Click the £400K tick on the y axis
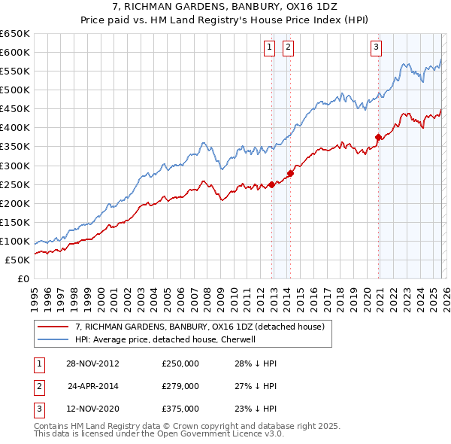15,127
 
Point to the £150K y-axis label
15,222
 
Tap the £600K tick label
15,52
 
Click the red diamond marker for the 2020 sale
378,137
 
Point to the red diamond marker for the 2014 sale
290,173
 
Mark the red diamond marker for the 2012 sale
271,184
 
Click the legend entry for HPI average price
166,339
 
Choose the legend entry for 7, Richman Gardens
199,327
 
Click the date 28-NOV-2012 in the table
93,363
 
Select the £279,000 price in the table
180,386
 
